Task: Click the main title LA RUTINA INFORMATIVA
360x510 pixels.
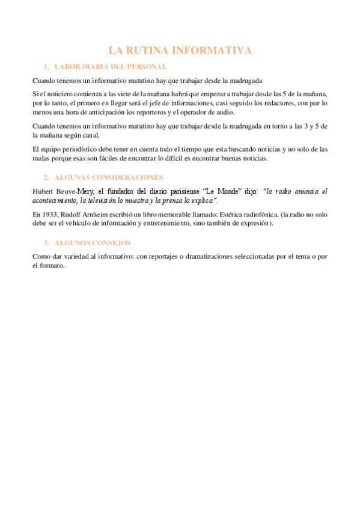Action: point(180,51)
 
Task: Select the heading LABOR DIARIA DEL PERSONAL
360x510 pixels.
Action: point(111,67)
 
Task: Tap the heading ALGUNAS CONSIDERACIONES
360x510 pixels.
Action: point(108,177)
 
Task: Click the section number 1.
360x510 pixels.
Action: point(46,67)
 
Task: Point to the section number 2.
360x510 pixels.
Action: point(46,177)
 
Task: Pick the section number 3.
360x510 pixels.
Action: point(46,243)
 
